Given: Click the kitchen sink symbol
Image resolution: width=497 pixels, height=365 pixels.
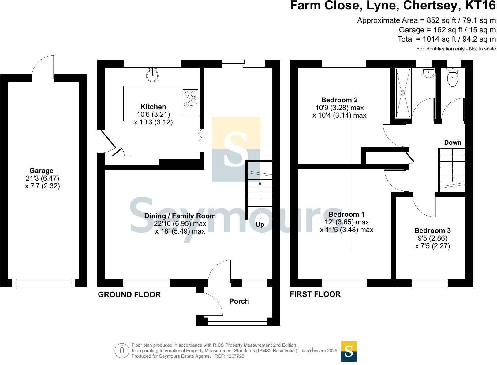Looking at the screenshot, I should coord(152,75).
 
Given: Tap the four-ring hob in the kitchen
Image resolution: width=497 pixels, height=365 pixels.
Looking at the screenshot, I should coord(190,98).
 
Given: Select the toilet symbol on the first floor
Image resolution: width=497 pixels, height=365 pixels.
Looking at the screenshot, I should coord(452,77).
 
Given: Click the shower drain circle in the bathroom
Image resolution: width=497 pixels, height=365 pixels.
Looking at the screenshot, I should coord(403,93).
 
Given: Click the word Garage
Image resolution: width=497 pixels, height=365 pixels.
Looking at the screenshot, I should coord(41,171).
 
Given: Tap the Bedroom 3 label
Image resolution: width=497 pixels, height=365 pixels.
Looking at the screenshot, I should coord(432,230).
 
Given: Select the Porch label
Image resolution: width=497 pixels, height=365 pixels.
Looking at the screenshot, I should coord(239,301).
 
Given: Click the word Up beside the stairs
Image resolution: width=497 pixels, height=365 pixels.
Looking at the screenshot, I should coord(260,224).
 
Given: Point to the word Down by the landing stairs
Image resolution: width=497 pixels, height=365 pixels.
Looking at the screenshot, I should coord(453,142).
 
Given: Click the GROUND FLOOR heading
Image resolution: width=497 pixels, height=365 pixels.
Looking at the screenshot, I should coord(129,294).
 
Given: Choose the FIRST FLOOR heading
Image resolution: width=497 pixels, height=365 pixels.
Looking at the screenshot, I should coord(315,294).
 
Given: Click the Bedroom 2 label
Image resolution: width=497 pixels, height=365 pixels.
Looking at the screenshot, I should coord(339,100).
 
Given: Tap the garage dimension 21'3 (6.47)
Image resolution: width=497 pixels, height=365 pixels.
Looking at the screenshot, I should coord(43,178).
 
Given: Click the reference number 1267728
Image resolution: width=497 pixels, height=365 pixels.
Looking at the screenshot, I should coord(234,356).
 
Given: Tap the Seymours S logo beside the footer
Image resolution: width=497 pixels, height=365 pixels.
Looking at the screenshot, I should coord(349,352).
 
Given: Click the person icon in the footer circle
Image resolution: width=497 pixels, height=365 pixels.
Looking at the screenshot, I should coord(122,351).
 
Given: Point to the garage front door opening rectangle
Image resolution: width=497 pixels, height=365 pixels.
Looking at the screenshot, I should coord(43,283).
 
